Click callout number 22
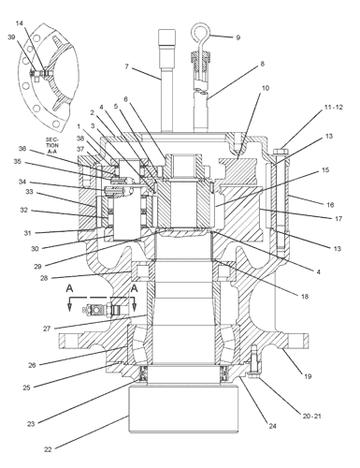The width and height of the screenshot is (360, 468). [x=48, y=449]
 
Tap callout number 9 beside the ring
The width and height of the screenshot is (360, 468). [x=238, y=37]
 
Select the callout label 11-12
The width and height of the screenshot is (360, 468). [x=334, y=108]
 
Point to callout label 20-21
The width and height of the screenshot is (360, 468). [x=311, y=416]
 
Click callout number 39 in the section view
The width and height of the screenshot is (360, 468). [x=11, y=37]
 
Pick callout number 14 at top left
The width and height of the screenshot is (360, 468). [x=20, y=23]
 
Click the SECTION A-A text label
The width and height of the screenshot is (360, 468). [x=52, y=145]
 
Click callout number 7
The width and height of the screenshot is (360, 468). [x=126, y=66]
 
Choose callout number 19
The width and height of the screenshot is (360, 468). [x=308, y=376]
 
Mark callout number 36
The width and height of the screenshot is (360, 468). [x=22, y=149]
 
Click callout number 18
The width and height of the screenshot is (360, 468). [x=305, y=296]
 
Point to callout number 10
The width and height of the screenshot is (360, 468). [x=265, y=88]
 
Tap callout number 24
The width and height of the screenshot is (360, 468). [x=272, y=426]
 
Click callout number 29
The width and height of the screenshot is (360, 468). [x=37, y=267]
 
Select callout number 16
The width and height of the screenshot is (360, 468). [x=330, y=205]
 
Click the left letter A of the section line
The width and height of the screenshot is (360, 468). [x=69, y=288]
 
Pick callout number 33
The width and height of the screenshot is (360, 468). [x=29, y=192]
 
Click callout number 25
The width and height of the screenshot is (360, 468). [x=26, y=388]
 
